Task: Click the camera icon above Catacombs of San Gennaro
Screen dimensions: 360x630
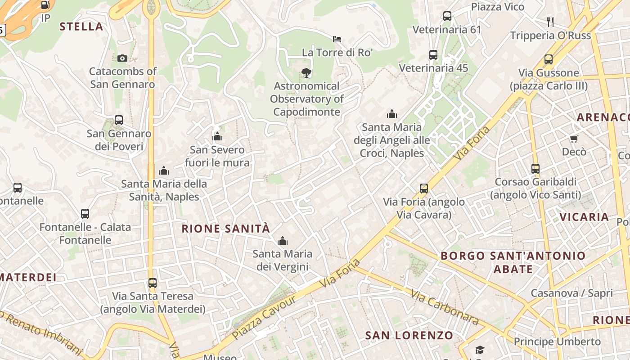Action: click(122, 58)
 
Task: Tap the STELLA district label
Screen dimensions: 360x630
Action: click(81, 27)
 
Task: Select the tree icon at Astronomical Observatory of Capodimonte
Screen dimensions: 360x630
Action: click(306, 72)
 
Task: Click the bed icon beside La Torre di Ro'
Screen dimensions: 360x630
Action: click(337, 39)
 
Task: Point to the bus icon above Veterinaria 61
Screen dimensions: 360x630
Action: click(447, 16)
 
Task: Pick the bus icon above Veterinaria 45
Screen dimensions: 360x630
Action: click(433, 55)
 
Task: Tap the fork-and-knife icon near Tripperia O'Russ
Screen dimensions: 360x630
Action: click(550, 21)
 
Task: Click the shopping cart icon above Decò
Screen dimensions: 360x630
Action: click(574, 139)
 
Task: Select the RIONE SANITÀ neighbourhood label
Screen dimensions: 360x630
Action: click(225, 229)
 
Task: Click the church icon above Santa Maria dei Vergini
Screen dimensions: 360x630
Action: click(283, 241)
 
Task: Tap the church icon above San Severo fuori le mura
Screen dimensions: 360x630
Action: click(217, 136)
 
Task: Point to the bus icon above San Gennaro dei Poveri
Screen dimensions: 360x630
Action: click(119, 120)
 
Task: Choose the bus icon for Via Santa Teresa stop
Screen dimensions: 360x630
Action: click(153, 283)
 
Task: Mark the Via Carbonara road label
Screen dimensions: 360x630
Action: click(444, 307)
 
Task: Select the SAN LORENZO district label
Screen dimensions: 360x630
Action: click(409, 335)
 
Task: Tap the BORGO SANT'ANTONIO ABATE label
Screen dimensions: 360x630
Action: click(513, 262)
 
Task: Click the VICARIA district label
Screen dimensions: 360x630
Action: click(584, 217)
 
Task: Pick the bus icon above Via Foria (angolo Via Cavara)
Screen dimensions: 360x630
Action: click(423, 189)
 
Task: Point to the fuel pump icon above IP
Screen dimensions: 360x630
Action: click(45, 5)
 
